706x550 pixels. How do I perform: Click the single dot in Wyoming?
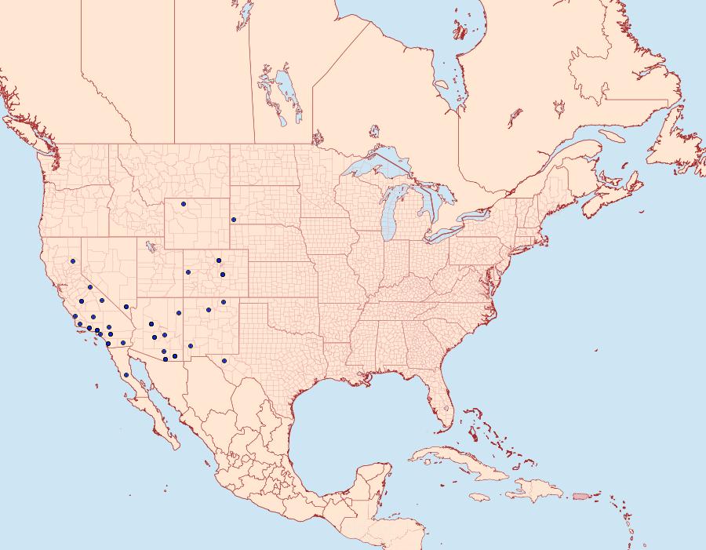click(184, 204)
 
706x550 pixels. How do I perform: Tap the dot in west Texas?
click(224, 361)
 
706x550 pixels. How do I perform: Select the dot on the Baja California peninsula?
click(126, 375)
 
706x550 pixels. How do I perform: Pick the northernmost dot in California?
click(72, 260)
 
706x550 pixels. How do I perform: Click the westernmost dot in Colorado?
click(188, 272)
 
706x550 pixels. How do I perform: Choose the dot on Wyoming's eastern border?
click(234, 220)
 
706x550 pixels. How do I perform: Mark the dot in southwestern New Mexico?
click(191, 345)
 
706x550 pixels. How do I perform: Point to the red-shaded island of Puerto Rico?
click(581, 495)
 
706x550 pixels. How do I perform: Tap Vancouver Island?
click(21, 133)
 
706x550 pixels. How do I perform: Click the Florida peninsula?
click(443, 404)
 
